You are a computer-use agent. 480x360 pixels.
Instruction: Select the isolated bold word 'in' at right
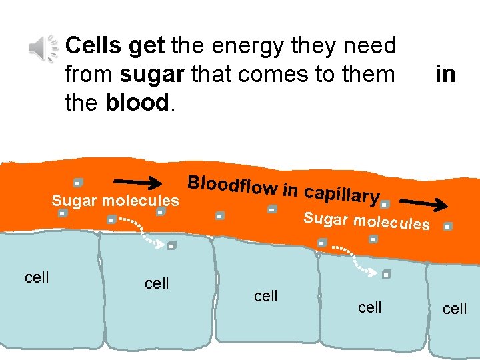click(x=445, y=74)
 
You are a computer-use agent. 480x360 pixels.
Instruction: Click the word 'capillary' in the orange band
click(x=341, y=194)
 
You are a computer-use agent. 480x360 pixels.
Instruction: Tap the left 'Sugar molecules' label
click(x=115, y=201)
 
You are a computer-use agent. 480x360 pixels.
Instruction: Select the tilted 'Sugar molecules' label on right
click(x=366, y=221)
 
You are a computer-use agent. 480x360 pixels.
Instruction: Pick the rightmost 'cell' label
click(x=455, y=309)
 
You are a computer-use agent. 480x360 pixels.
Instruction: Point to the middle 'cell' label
click(x=266, y=295)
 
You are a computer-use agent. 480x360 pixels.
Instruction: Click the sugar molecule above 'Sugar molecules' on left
click(x=77, y=182)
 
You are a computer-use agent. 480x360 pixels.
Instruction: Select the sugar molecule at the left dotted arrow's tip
click(x=171, y=245)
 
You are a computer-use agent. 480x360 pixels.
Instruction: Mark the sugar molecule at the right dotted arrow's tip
click(x=387, y=273)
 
